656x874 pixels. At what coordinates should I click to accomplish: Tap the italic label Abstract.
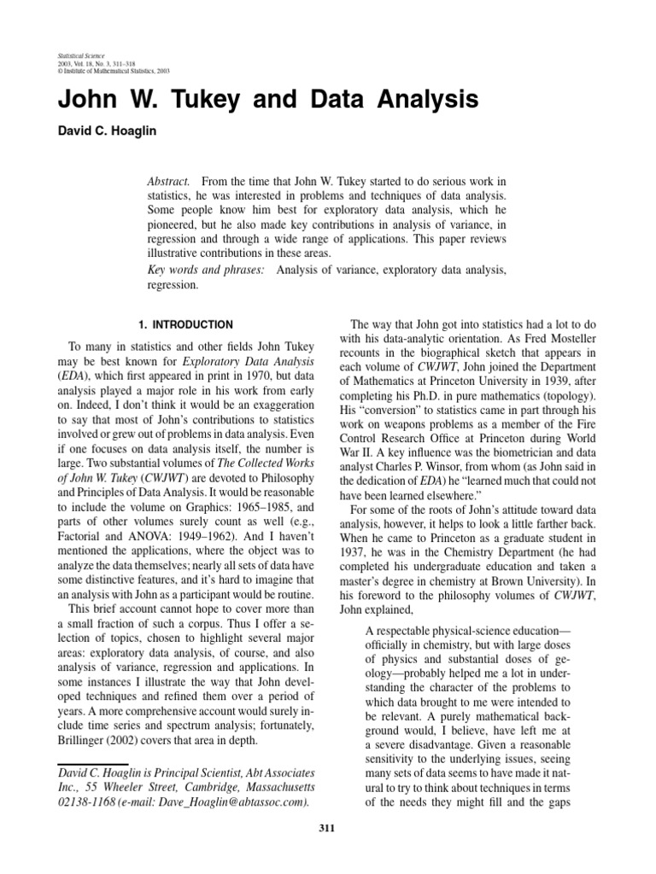[167, 183]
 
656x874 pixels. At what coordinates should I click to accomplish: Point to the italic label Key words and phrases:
[205, 270]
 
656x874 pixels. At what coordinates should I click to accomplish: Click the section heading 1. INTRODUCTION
[185, 324]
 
